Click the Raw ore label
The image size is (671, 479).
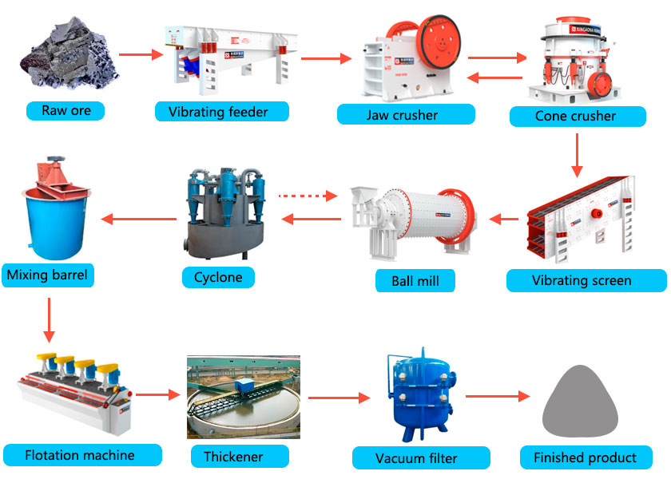pyautogui.click(x=66, y=110)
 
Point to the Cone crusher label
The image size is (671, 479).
pyautogui.click(x=575, y=117)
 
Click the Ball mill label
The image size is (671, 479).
pyautogui.click(x=416, y=281)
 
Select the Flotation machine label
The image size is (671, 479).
pyautogui.click(x=80, y=456)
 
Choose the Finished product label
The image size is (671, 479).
pyautogui.click(x=585, y=457)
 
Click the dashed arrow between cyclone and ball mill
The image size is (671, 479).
pyautogui.click(x=309, y=195)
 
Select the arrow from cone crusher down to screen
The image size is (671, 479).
pyautogui.click(x=577, y=155)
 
